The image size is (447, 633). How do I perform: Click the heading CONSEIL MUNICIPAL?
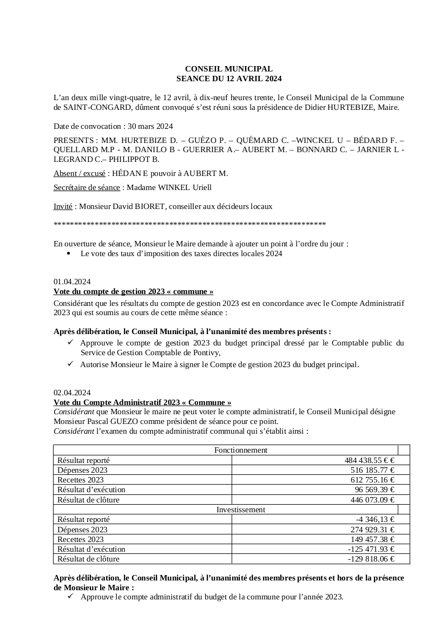pyautogui.click(x=229, y=69)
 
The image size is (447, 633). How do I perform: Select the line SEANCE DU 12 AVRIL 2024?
pyautogui.click(x=229, y=79)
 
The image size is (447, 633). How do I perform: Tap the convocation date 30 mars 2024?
pyautogui.click(x=150, y=126)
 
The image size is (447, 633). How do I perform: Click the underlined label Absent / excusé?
pyautogui.click(x=80, y=173)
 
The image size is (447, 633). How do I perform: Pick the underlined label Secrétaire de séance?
pyautogui.click(x=87, y=187)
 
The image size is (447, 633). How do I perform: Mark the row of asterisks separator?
pyautogui.click(x=189, y=224)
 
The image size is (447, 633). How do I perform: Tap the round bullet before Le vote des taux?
pyautogui.click(x=68, y=253)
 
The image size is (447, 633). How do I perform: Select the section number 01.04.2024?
pyautogui.click(x=72, y=282)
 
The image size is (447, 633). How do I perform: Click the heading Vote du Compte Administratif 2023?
pyautogui.click(x=142, y=402)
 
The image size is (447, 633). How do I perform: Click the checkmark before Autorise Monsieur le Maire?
pyautogui.click(x=70, y=364)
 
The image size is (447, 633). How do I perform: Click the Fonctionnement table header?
pyautogui.click(x=241, y=450)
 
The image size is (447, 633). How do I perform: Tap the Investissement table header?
pyautogui.click(x=241, y=510)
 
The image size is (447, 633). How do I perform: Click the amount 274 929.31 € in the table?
pyautogui.click(x=372, y=530)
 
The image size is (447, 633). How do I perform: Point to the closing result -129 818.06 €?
pyautogui.click(x=371, y=559)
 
